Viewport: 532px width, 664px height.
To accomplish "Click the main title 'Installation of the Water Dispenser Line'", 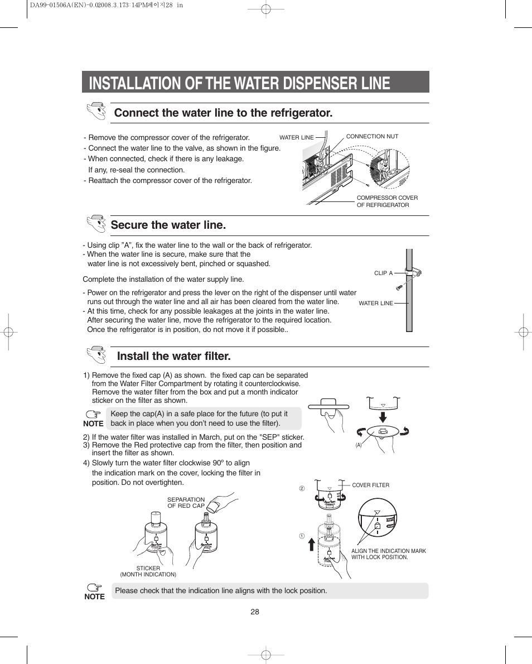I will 239,83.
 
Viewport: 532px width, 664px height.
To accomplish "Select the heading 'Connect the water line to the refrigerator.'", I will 223,113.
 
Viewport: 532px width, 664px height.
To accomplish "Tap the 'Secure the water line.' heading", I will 168,225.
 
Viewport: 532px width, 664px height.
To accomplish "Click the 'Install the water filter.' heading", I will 173,356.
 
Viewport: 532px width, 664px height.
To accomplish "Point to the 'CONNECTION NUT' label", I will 372,136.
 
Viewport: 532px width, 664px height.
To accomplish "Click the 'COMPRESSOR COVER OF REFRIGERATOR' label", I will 387,201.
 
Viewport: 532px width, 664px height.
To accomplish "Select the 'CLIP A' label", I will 383,273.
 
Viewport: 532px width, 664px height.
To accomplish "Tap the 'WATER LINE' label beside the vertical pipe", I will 376,304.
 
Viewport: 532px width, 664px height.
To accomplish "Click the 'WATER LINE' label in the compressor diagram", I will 296,138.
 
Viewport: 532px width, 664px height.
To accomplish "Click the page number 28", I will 255,612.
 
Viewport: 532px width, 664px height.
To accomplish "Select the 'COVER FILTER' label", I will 370,485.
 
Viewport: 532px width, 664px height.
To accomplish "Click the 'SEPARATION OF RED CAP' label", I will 186,503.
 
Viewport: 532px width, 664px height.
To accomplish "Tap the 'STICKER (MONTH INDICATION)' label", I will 148,571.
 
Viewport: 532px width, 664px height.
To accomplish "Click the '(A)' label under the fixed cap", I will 359,445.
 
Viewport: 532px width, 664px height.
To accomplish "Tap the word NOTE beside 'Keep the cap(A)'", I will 93,424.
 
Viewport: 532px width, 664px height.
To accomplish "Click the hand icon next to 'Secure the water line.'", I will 96,224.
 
